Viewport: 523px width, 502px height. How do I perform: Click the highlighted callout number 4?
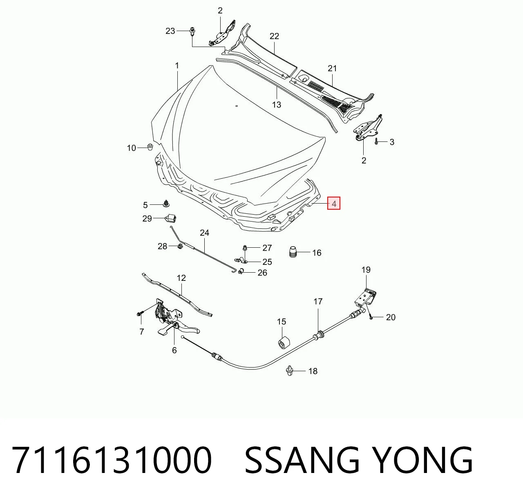coord(334,204)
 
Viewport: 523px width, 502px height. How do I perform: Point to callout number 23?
coord(170,31)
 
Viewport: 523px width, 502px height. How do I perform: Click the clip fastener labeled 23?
coord(192,31)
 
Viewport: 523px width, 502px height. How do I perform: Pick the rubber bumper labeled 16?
coord(293,252)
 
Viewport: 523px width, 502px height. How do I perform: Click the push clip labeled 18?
coord(290,371)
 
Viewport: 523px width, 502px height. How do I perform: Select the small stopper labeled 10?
coord(150,147)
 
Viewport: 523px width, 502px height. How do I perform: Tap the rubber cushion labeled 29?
coord(170,218)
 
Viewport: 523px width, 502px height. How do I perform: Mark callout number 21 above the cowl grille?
coord(332,69)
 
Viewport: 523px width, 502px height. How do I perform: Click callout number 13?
coord(276,105)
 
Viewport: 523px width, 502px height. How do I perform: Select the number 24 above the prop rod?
coord(204,233)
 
